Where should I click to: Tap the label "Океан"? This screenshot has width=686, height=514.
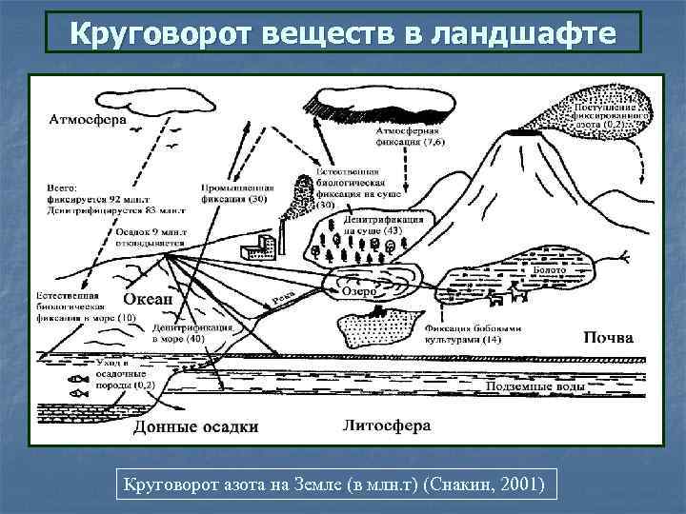(x=149, y=299)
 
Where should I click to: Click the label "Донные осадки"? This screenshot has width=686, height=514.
(x=194, y=426)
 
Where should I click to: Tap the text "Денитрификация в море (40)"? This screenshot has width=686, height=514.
(x=191, y=332)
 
